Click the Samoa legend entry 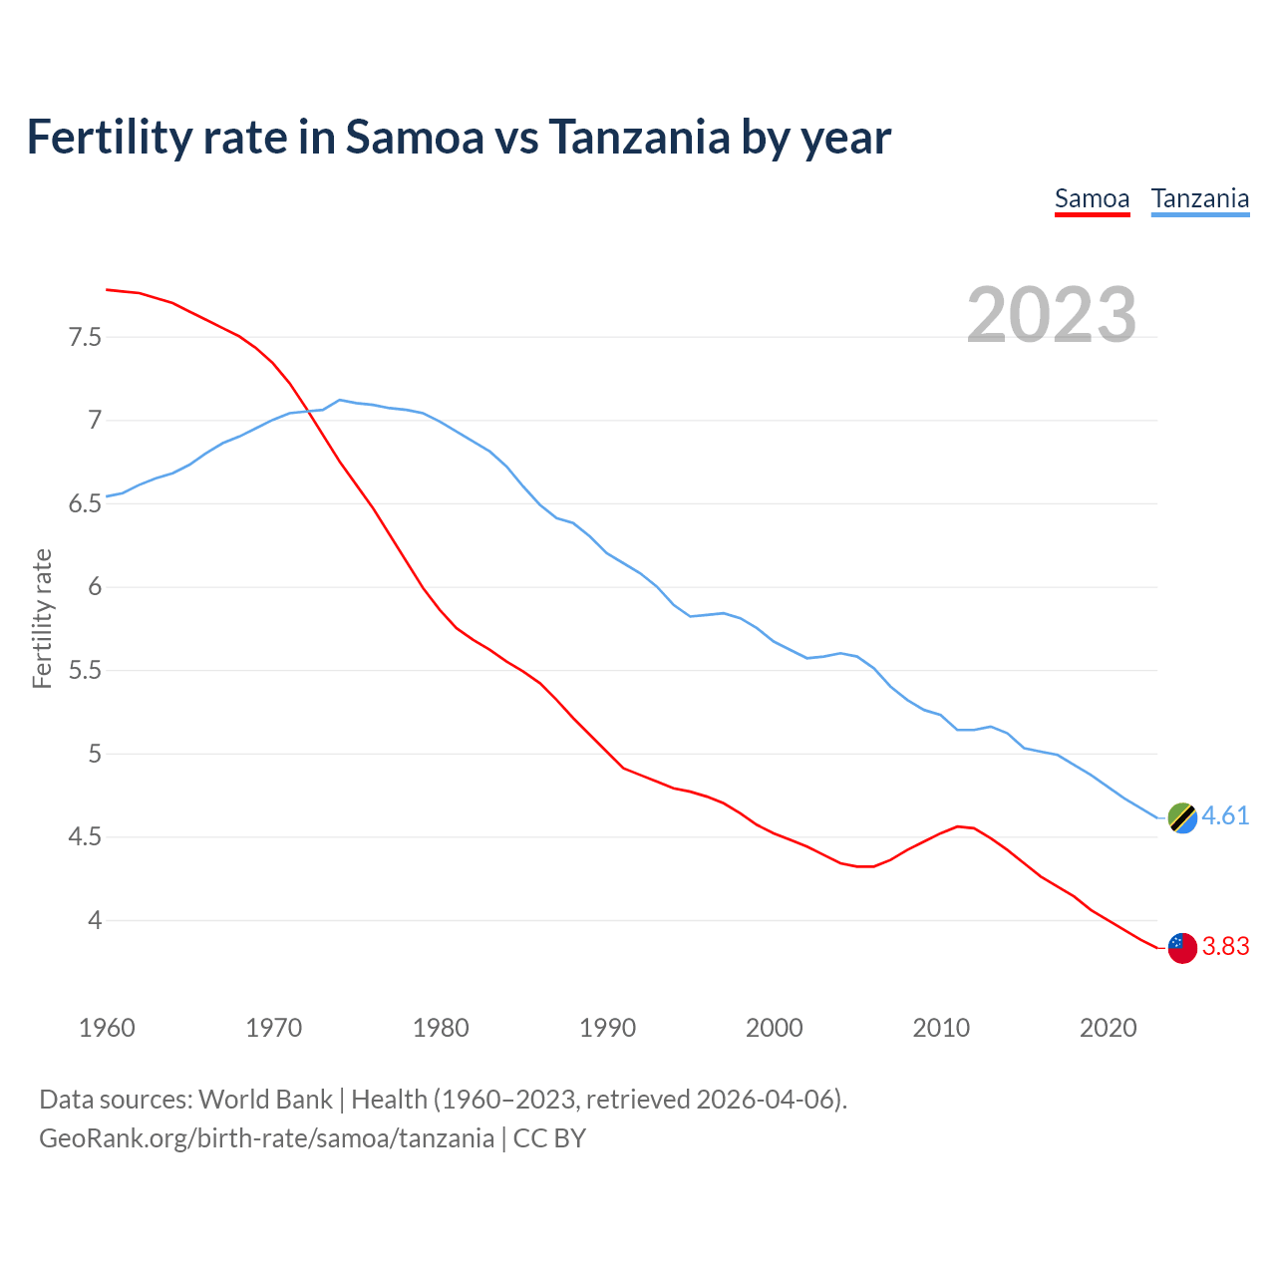[x=1092, y=198]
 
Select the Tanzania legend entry [x=1199, y=198]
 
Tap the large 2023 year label [x=1052, y=315]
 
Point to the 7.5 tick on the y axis [x=85, y=337]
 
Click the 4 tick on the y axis [x=95, y=920]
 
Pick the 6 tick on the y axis [x=95, y=586]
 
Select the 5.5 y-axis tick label [x=85, y=670]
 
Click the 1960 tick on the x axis [x=107, y=1028]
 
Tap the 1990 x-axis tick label [x=607, y=1028]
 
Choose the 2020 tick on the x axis [x=1108, y=1028]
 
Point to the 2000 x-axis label [x=774, y=1028]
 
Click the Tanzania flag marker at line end [x=1182, y=817]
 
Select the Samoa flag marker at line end [x=1182, y=948]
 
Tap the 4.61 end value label [x=1225, y=815]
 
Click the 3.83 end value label [x=1225, y=946]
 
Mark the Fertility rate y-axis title [x=42, y=618]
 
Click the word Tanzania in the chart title [x=639, y=137]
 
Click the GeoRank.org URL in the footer [x=266, y=1137]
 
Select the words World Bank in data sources [x=265, y=1099]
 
